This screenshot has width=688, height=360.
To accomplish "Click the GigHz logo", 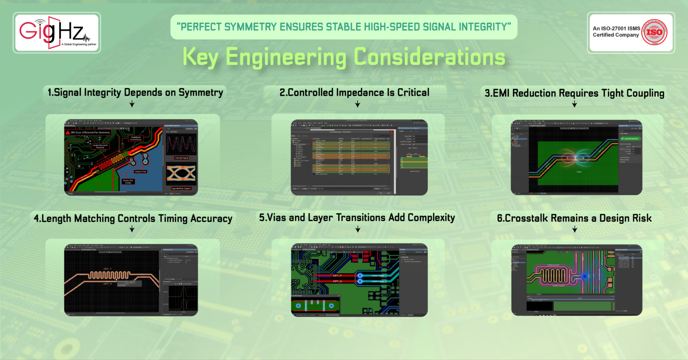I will click(x=56, y=32).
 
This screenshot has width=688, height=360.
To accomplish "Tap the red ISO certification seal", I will click(x=654, y=32).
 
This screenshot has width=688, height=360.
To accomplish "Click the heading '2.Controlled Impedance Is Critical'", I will click(x=354, y=93).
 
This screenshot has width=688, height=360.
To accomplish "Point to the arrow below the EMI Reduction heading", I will click(x=574, y=104).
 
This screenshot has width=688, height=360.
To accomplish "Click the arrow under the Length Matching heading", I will click(x=132, y=229).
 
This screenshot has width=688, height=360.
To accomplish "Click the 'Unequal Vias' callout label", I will click(x=140, y=171).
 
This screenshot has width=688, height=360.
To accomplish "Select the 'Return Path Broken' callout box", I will click(x=128, y=181).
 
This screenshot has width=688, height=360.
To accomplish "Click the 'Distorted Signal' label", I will click(x=181, y=158).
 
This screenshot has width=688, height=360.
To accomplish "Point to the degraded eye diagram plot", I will click(x=181, y=175).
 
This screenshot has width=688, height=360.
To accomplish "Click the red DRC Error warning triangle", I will click(x=68, y=133).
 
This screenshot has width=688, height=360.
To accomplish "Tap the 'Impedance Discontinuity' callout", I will click(x=135, y=138).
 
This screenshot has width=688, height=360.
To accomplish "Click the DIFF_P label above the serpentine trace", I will click(x=108, y=269).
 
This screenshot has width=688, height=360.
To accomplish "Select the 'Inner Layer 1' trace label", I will click(x=378, y=275).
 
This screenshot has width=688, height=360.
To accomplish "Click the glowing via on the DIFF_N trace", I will click(x=360, y=281).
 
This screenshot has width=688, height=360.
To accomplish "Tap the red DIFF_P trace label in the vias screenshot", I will click(x=337, y=275).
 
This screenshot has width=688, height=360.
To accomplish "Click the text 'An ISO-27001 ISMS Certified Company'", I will click(x=616, y=31).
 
